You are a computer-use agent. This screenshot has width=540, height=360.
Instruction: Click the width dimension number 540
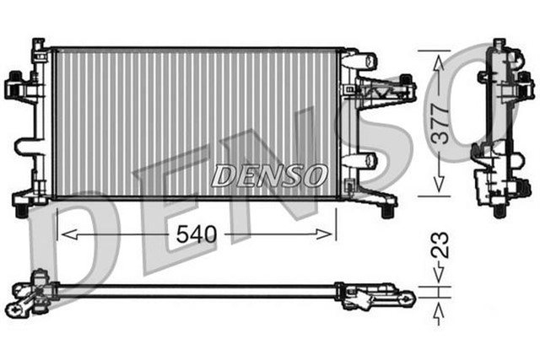(x=196, y=234)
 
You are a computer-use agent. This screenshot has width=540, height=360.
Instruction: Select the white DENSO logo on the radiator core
(x=268, y=175)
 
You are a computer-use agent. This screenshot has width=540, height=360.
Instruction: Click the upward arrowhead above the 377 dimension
(x=437, y=58)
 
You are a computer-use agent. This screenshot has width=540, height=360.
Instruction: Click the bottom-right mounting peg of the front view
(x=388, y=205)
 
